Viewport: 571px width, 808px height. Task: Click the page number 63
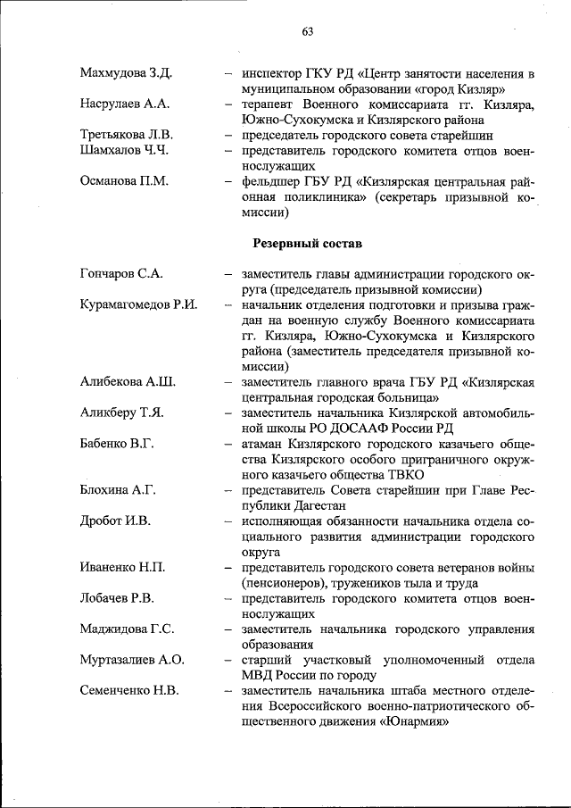click(x=307, y=32)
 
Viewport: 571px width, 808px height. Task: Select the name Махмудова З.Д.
click(x=126, y=72)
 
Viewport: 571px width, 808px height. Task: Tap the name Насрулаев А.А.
click(x=124, y=104)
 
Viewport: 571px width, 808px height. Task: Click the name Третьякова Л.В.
click(x=127, y=135)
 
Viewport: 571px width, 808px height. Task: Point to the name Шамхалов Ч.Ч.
click(x=124, y=150)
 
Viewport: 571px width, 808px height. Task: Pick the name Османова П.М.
click(x=124, y=181)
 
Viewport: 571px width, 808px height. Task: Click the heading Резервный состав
click(x=308, y=243)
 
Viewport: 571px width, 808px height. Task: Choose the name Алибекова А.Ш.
click(x=127, y=382)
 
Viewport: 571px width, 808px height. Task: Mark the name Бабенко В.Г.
click(x=119, y=444)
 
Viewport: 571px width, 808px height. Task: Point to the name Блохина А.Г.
click(x=118, y=490)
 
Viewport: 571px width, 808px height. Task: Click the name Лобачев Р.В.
click(x=117, y=598)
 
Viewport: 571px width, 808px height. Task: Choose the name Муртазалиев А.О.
click(x=131, y=660)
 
